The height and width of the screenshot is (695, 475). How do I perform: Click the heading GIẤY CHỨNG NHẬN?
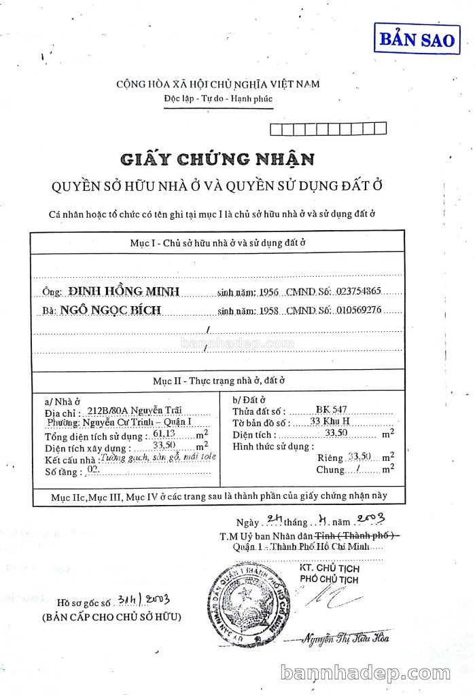pyautogui.click(x=217, y=159)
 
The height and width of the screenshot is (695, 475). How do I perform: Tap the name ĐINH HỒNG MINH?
pyautogui.click(x=124, y=291)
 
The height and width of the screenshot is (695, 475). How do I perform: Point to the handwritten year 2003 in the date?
pyautogui.click(x=370, y=520)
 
